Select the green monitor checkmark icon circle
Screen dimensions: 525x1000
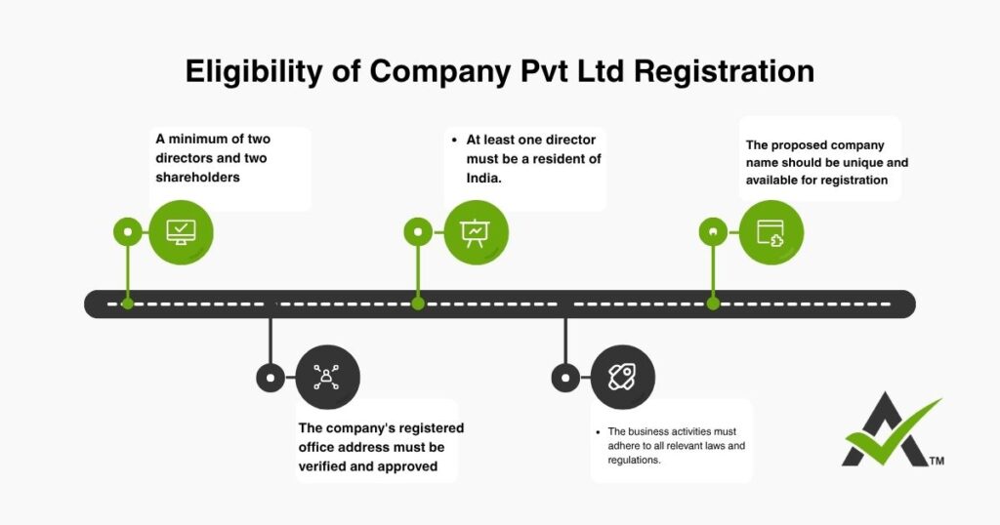(181, 232)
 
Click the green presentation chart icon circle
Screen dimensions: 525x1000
(476, 232)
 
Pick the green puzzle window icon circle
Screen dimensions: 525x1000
(771, 232)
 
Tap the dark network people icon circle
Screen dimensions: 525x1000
(327, 377)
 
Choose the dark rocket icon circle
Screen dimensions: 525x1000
(622, 377)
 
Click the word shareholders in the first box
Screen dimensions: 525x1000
(197, 177)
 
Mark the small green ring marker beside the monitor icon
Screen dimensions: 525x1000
(127, 232)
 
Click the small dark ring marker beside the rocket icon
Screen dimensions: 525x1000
(564, 377)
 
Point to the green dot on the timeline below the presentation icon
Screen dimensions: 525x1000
(418, 303)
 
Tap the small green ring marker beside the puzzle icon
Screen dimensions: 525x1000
(713, 232)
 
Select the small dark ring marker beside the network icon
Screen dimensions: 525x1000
(270, 377)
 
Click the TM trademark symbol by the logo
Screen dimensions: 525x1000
(937, 460)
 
